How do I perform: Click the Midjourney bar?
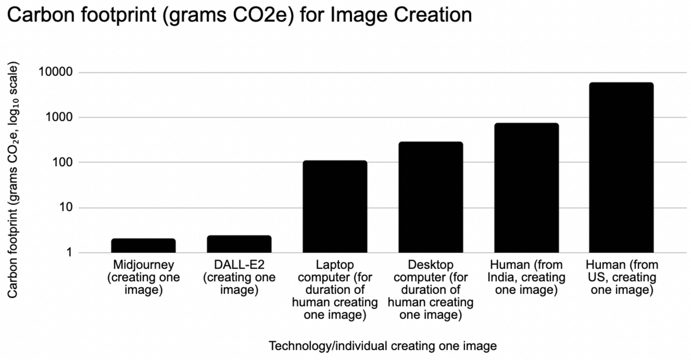(143, 246)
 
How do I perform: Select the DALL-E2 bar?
(239, 244)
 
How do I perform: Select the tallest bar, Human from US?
(621, 167)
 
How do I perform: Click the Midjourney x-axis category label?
(143, 277)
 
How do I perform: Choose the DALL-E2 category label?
(239, 277)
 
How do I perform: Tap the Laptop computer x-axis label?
(335, 289)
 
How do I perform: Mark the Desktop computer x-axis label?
(431, 289)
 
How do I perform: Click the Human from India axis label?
(526, 277)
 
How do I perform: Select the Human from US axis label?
(622, 277)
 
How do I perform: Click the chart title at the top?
(240, 14)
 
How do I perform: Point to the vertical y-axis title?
(13, 180)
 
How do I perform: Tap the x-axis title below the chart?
(382, 346)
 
